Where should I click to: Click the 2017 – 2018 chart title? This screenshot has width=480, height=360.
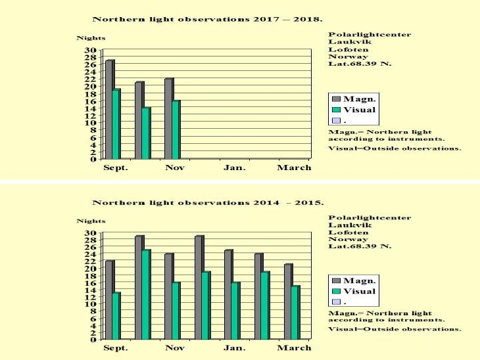point(207,19)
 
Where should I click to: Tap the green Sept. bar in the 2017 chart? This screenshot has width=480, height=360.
point(116,124)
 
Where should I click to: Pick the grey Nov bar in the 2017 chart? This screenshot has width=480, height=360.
point(168,119)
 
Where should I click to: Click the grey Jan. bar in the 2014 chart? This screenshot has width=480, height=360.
point(228,295)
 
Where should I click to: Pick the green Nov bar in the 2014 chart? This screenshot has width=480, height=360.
point(176,311)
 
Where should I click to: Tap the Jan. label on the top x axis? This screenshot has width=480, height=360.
point(235,168)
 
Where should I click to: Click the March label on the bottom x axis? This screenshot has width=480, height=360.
point(294,348)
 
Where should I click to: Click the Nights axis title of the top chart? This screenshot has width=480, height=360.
point(88,39)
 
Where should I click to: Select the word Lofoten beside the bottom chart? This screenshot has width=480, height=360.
point(344,232)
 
